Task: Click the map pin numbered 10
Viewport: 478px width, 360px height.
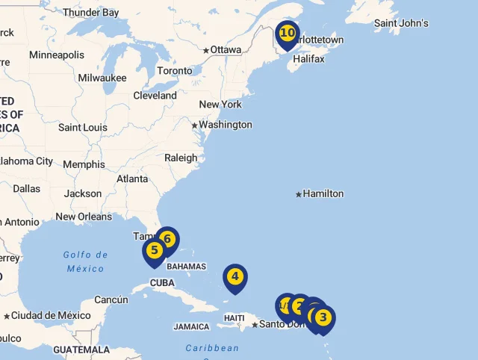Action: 287,34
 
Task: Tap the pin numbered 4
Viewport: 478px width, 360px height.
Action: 235,277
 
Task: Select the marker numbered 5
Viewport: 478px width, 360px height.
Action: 154,251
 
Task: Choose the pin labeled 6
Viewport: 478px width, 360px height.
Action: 167,240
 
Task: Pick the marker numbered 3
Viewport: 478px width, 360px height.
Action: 323,318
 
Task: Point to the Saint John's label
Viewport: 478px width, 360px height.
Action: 401,23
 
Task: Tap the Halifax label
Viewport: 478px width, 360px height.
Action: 308,59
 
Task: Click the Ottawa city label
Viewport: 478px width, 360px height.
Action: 226,50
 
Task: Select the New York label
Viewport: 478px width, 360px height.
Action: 220,105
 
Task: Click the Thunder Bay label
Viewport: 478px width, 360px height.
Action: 90,13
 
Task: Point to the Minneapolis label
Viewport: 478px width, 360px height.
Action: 57,55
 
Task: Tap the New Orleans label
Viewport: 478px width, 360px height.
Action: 84,217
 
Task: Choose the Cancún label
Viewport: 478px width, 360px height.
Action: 111,300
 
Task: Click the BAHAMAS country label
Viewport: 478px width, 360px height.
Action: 186,267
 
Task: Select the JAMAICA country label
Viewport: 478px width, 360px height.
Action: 191,326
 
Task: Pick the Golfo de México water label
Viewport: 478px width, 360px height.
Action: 85,261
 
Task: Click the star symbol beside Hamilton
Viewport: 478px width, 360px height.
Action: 299,194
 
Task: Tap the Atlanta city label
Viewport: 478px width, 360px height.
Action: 132,179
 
